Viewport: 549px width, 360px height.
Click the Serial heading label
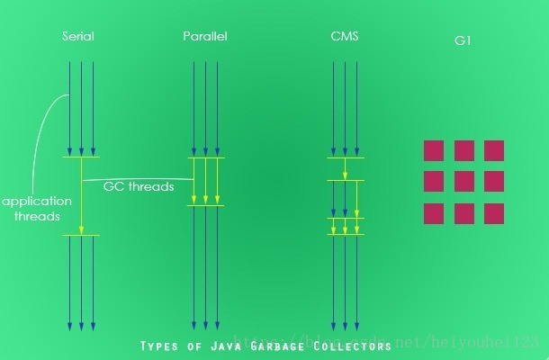(78, 37)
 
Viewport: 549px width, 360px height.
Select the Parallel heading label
(205, 37)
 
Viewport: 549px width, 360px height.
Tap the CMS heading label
(344, 37)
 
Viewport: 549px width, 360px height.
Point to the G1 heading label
(463, 41)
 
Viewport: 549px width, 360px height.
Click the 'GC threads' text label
(138, 187)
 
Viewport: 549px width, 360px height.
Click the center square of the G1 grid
(464, 182)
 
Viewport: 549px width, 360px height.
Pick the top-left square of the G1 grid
(434, 150)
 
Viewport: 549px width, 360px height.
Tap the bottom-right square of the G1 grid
(494, 213)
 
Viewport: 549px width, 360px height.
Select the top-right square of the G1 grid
(494, 150)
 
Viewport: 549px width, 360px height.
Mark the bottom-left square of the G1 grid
(434, 213)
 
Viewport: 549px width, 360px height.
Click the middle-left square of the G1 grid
(434, 182)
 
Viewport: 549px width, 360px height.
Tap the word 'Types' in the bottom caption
(162, 346)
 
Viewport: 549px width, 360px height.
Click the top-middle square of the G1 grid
(464, 150)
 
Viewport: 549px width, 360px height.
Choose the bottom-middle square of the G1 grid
(464, 213)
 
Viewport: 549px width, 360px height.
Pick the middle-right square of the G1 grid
(494, 182)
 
